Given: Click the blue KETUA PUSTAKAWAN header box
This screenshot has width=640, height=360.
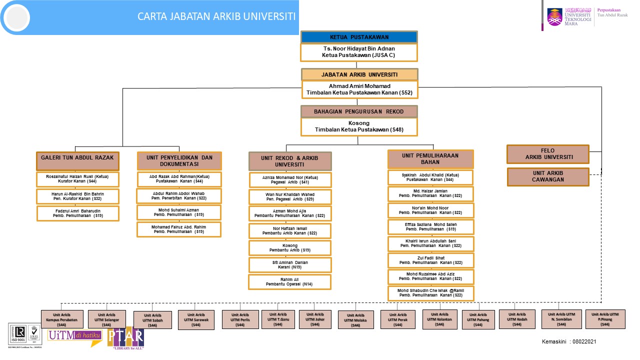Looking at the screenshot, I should pos(359,37).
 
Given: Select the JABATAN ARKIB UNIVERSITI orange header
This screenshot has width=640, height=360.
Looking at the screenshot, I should pos(359,74).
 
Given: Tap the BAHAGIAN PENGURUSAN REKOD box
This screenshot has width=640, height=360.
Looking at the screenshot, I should pos(358,111).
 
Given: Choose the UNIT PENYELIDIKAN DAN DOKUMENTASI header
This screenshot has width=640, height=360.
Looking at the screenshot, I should pos(179,160).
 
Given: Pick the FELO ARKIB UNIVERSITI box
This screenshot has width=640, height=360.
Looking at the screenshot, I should pos(547,154).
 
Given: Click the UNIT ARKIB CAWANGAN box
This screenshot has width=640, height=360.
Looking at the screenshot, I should pos(547,176).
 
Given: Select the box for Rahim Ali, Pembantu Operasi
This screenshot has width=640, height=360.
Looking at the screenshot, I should pos(289,281).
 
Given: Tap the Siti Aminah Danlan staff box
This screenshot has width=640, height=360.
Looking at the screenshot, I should pos(289,264).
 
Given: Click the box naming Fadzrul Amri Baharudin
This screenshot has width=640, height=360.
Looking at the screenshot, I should pos(77,213).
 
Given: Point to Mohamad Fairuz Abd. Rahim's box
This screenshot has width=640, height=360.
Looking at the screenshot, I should pos(179,229).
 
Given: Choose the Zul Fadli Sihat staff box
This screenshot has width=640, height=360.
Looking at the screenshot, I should pos(430,260).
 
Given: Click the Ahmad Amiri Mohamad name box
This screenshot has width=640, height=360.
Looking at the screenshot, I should pos(359,89).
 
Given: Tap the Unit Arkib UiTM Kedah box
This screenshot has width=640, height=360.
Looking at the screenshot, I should pos(517,319).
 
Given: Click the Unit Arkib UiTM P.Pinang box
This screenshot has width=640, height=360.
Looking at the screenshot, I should pos(605,319).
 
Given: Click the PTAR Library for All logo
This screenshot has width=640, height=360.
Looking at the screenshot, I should pos(125,338).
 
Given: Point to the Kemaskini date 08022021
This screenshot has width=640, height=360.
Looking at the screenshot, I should pos(568,341).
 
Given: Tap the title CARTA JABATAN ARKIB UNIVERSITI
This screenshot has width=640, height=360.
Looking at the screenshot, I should pos(216,16).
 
